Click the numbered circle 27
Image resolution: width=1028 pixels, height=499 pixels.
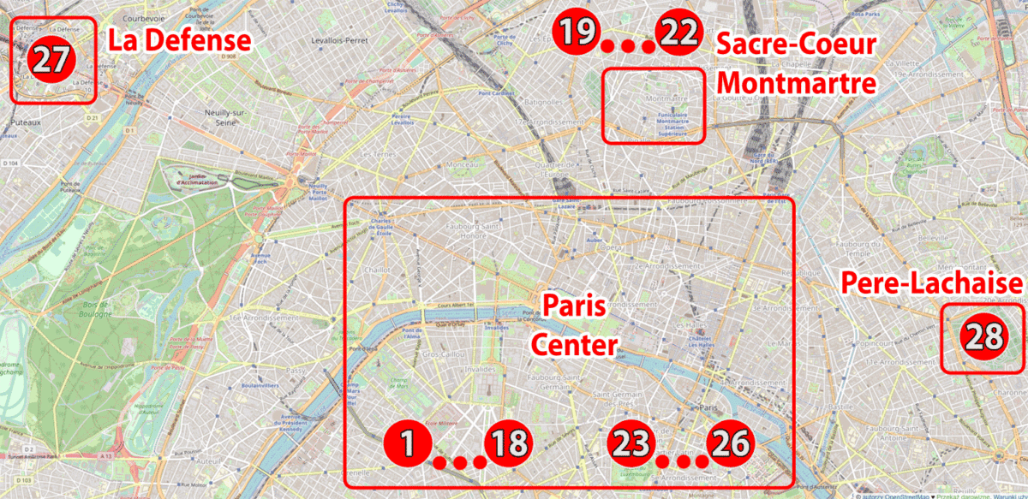(53, 60)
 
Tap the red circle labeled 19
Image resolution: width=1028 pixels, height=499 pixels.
(576, 33)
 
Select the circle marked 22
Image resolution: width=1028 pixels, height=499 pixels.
(678, 33)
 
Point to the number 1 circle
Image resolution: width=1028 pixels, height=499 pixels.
(408, 444)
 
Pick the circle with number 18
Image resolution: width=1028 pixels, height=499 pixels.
(508, 444)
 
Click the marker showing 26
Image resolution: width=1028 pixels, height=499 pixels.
(730, 444)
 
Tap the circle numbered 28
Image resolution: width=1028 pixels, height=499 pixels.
(983, 336)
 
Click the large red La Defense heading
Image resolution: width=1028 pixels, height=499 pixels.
(178, 40)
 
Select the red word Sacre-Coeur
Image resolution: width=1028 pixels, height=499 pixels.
(797, 45)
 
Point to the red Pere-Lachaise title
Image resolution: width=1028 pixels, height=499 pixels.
(932, 283)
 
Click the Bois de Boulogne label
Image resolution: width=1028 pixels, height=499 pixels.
(90, 309)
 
